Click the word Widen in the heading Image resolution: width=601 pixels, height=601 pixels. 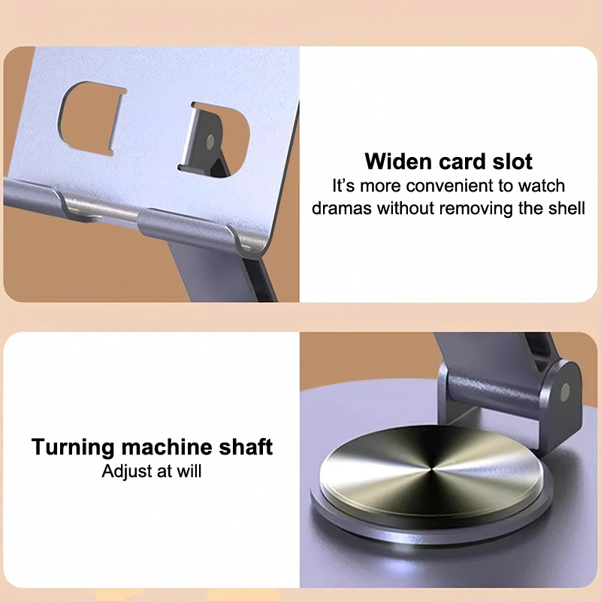[399, 162]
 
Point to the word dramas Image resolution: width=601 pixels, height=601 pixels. [342, 209]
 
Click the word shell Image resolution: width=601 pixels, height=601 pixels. [567, 209]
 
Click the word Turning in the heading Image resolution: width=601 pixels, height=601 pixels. [73, 447]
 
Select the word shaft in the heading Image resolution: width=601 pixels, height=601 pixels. [246, 447]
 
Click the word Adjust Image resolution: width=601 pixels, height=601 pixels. [127, 472]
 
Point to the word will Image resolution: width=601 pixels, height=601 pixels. [189, 471]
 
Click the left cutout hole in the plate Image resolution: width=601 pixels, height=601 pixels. [91, 118]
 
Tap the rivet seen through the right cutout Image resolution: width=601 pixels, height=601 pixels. [210, 141]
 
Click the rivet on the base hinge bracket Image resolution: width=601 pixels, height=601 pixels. [565, 392]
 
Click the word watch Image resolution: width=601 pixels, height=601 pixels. [542, 186]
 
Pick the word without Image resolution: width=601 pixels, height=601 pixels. [406, 209]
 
